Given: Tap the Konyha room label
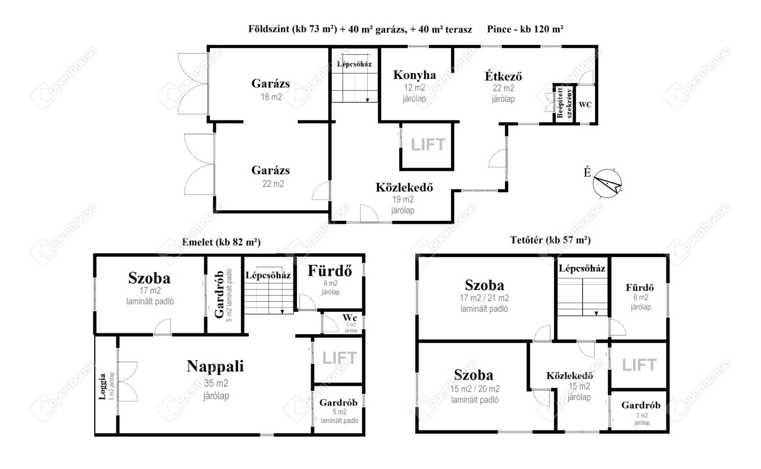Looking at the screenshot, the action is (414, 75).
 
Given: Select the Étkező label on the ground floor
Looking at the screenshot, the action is (503, 76).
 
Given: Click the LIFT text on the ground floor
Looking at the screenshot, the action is (428, 145).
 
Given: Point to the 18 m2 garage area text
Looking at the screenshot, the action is (271, 97).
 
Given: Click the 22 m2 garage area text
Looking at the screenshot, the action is (273, 184).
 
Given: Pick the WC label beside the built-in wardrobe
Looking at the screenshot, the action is (585, 105).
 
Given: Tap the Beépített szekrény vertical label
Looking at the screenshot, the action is (564, 103).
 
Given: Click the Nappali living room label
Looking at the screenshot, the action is (215, 366).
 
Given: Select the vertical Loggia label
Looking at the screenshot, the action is (102, 386).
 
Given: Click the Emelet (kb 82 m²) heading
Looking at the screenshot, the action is (221, 242).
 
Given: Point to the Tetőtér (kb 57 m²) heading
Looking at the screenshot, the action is (550, 240).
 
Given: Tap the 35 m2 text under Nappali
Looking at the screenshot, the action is (216, 383).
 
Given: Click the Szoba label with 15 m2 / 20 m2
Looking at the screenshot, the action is (473, 375).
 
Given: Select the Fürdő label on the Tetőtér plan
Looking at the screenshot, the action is (640, 287).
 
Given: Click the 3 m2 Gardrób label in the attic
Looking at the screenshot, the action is (641, 405).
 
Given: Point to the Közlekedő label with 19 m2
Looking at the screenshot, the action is (404, 188).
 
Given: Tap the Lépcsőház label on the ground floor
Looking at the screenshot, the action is (354, 64).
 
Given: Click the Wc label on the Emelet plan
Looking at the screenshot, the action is (349, 317).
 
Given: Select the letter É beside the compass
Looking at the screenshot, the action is (587, 172).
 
